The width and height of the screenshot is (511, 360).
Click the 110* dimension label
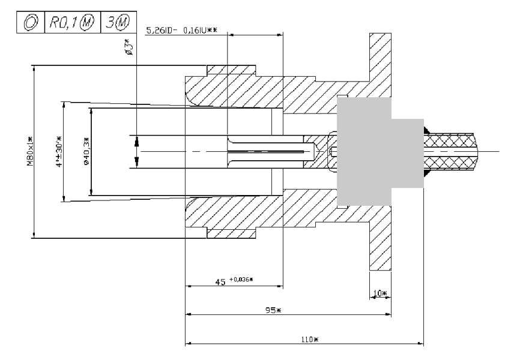coord(309,340)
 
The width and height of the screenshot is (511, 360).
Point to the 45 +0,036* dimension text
coord(235,280)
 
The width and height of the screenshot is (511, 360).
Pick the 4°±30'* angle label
coord(59,152)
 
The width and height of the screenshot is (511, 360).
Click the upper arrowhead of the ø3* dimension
coord(137,143)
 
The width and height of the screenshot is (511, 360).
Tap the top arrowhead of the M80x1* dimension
coord(34,68)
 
